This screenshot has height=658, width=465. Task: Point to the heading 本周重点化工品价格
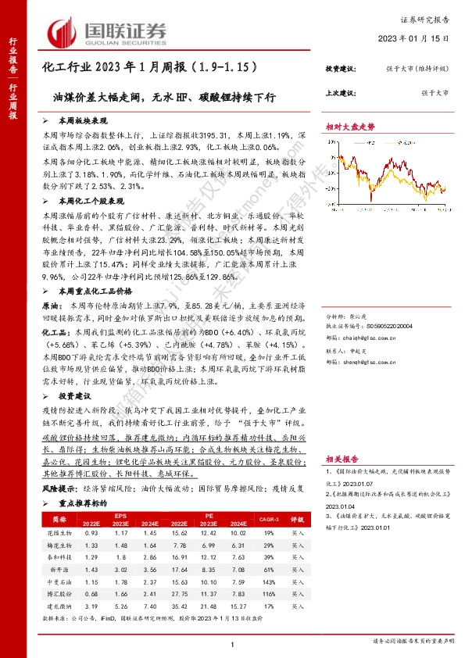click(x=86, y=290)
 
